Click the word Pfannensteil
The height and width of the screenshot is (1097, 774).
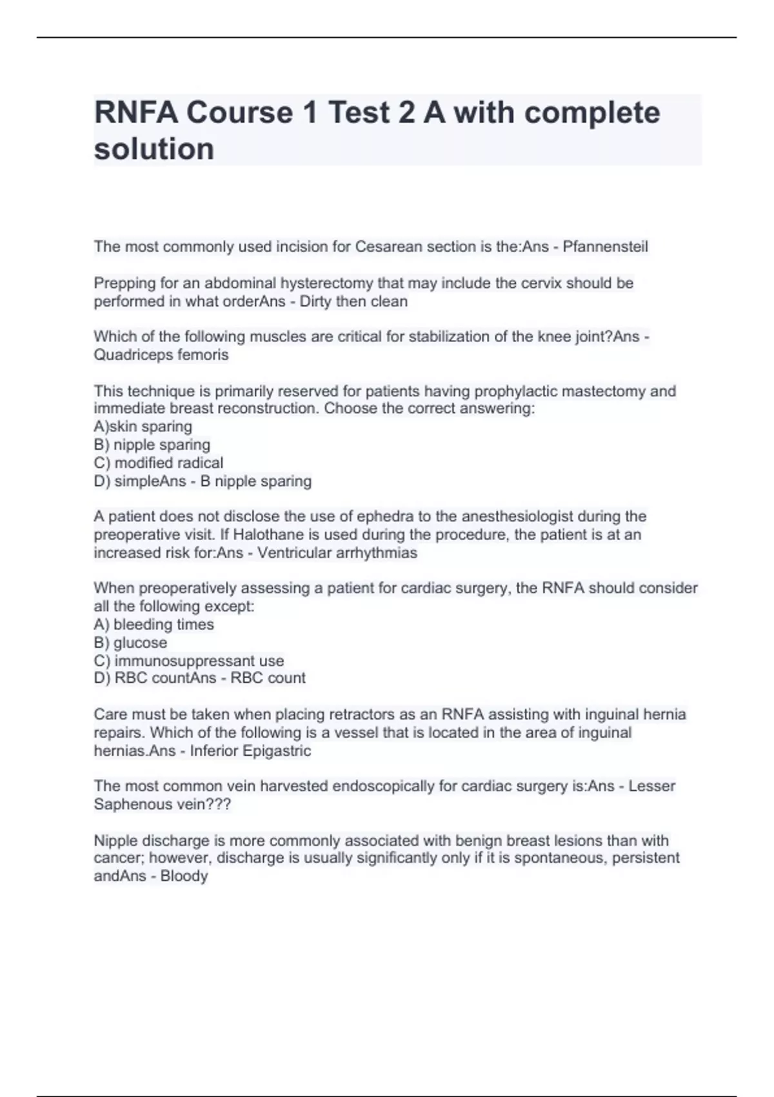tap(605, 247)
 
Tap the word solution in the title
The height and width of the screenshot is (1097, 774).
tap(154, 149)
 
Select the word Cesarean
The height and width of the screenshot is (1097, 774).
tap(386, 247)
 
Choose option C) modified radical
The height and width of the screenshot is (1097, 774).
tap(159, 463)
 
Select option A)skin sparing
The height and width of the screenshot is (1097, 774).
tap(143, 427)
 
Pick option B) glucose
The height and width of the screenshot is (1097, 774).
tap(130, 643)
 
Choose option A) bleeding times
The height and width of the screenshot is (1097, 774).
tap(154, 625)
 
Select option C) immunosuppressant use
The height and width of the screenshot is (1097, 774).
tap(189, 661)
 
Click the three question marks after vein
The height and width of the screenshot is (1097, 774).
tap(219, 805)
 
